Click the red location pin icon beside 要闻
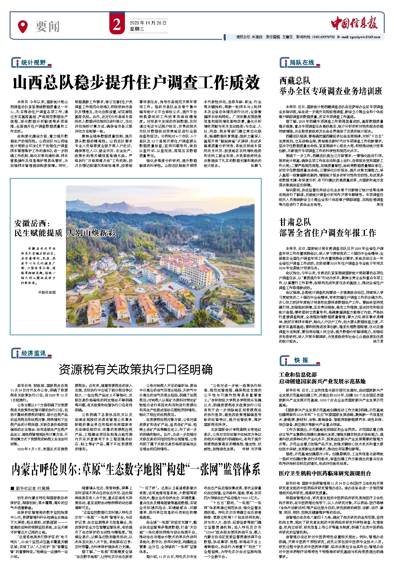pyautogui.click(x=23, y=26)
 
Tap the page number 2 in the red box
pyautogui.click(x=117, y=25)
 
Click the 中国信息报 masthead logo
pyautogui.click(x=354, y=23)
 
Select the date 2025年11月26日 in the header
pyautogui.click(x=148, y=23)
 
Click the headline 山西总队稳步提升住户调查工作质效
pyautogui.click(x=136, y=82)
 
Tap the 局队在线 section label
pyautogui.click(x=302, y=63)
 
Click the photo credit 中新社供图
pyautogui.click(x=47, y=292)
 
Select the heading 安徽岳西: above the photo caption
pyautogui.click(x=32, y=223)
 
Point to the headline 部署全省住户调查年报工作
pyautogui.click(x=327, y=233)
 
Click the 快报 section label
pyautogui.click(x=301, y=360)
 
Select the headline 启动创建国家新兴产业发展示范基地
pyautogui.click(x=322, y=381)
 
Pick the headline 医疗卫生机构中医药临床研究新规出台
pyautogui.click(x=325, y=473)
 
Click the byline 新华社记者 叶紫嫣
pyautogui.click(x=32, y=488)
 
